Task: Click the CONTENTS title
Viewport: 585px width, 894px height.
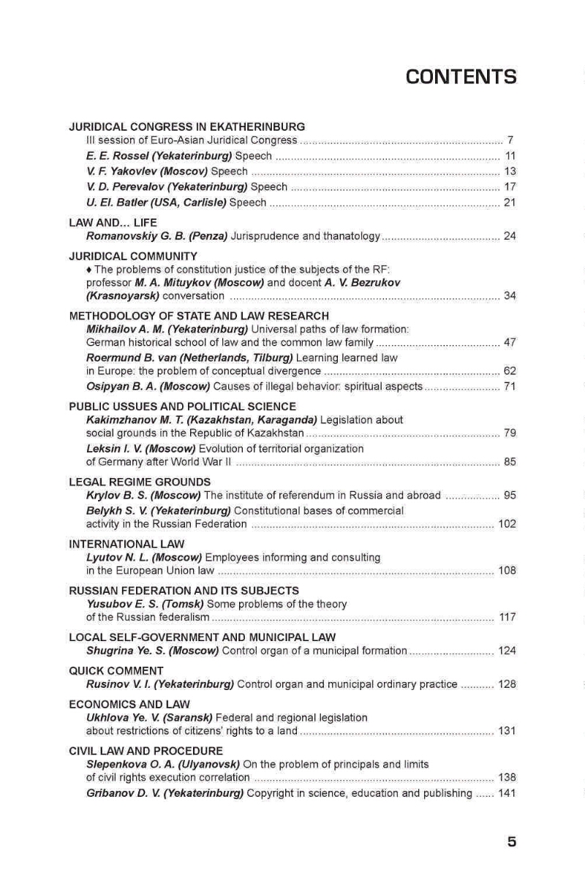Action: [461, 77]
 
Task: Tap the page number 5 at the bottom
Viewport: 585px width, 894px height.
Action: [511, 841]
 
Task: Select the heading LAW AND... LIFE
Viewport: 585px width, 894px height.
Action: [113, 222]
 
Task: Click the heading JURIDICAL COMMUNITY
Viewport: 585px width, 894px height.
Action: [133, 256]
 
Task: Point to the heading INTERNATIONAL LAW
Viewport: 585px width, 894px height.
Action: [127, 544]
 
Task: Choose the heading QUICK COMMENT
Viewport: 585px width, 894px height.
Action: [116, 670]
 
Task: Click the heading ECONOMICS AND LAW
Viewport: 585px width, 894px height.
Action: [129, 705]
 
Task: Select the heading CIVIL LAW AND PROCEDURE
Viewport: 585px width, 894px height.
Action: [146, 751]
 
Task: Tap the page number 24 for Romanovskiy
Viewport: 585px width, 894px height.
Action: [510, 235]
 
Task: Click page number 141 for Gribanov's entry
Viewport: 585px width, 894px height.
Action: [507, 793]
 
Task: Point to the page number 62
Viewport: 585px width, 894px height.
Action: [510, 371]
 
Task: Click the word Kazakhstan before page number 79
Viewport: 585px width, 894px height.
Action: [278, 433]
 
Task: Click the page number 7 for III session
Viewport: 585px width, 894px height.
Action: [510, 140]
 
